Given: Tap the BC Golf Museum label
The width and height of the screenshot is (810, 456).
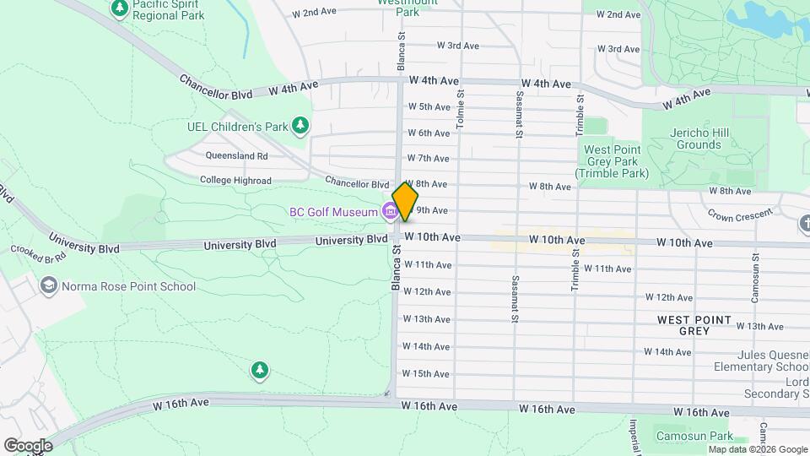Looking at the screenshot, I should [x=333, y=212].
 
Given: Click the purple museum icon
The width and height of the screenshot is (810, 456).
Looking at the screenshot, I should [x=390, y=210].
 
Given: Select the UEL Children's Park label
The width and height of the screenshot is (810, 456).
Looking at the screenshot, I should [x=236, y=127].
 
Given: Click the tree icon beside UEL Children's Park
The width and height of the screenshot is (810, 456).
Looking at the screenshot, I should [x=300, y=127].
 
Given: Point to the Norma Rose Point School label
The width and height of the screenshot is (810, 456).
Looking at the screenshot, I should [x=129, y=286].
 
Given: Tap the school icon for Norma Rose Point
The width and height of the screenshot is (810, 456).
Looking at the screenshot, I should [x=49, y=285].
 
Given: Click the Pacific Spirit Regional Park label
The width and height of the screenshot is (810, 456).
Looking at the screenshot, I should [x=168, y=10].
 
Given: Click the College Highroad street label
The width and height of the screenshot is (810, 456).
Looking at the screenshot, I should [x=235, y=181].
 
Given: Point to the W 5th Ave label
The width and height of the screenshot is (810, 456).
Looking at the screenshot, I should [x=429, y=107].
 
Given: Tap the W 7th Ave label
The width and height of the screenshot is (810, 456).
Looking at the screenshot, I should [x=428, y=158].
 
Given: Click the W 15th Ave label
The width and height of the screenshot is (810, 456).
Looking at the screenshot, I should [x=425, y=373].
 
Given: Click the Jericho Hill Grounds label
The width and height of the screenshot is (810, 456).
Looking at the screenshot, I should [x=699, y=138].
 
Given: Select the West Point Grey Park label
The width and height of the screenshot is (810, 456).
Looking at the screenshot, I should [x=613, y=161].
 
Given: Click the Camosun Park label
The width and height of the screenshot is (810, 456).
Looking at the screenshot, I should [x=693, y=437].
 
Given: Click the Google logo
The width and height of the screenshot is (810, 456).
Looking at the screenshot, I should [x=28, y=445].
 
